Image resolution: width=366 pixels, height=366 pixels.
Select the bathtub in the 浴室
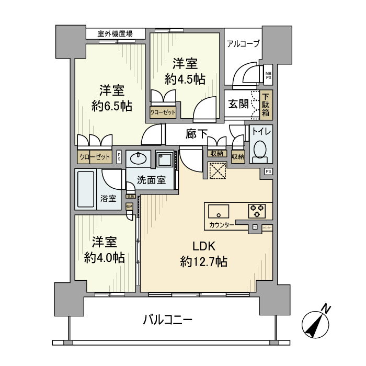(85, 190)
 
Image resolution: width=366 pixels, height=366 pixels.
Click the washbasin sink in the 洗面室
(140, 159)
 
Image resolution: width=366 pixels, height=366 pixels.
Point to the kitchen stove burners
(257, 210)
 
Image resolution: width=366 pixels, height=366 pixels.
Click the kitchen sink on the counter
(218, 211)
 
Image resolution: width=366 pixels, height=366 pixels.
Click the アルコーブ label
(243, 44)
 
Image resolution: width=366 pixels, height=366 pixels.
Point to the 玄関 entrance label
(238, 104)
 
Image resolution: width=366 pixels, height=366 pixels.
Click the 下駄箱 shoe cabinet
(266, 105)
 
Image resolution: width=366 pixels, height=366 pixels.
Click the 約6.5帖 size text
(111, 106)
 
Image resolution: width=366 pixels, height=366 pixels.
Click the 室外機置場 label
(115, 34)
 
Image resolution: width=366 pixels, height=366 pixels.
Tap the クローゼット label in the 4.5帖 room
(163, 111)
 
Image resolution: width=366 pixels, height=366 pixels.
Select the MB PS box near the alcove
(268, 76)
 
